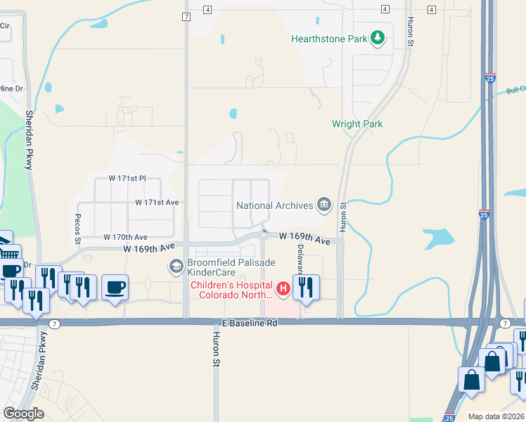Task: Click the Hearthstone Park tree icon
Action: [x=378, y=38]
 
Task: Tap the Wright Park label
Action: [x=357, y=124]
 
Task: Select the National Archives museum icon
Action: [x=323, y=205]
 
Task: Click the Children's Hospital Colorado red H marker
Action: [x=282, y=288]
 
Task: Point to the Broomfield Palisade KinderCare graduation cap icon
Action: [x=175, y=267]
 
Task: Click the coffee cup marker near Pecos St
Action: [x=115, y=287]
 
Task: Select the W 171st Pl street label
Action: [x=127, y=179]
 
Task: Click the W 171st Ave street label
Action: [x=158, y=203]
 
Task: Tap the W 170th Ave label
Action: [x=125, y=237]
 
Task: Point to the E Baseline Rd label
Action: [x=249, y=322]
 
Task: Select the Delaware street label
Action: [x=300, y=258]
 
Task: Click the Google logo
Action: [x=24, y=414]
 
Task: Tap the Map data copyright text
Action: [x=496, y=416]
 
